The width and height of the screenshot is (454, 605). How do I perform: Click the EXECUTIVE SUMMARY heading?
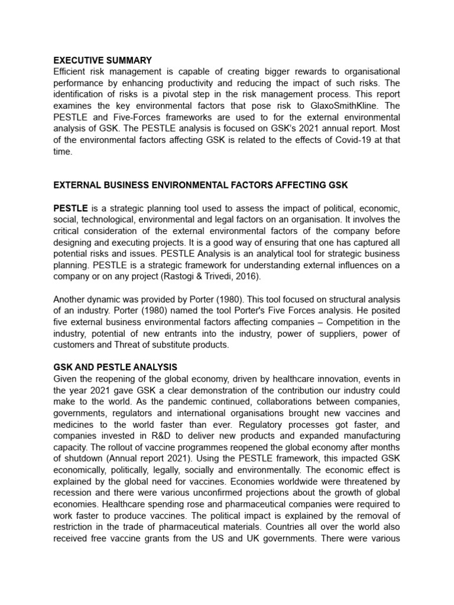click(x=102, y=60)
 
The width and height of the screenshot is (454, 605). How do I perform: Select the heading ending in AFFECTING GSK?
click(x=200, y=186)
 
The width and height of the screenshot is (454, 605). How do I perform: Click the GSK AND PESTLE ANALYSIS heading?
click(x=115, y=367)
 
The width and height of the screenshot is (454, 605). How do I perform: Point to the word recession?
click(x=75, y=492)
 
